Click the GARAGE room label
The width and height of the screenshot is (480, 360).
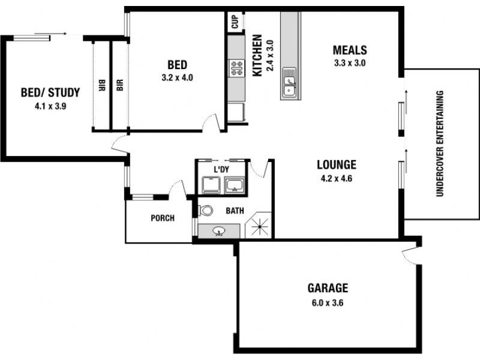[x=328, y=288]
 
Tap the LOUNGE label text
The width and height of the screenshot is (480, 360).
[x=337, y=164]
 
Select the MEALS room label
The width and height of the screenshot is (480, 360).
[x=350, y=50]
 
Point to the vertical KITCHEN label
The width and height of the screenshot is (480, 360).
[x=257, y=55]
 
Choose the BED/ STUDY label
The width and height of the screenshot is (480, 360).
[x=50, y=92]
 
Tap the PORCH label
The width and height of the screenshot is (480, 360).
[x=162, y=218]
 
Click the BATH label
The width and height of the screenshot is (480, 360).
[x=234, y=211]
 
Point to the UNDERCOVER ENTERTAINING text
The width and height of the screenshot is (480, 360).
[x=440, y=143]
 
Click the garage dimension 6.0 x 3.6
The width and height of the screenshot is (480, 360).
[x=328, y=302]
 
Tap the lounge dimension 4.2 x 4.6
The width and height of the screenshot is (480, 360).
[x=337, y=178]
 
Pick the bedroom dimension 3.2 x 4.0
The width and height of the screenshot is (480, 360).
[x=177, y=77]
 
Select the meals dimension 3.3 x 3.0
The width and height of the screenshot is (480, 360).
[x=350, y=62]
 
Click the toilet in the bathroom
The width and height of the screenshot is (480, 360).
[x=206, y=211]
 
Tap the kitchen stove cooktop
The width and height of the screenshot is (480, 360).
[x=236, y=68]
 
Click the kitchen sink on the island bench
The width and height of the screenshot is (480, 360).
[x=290, y=85]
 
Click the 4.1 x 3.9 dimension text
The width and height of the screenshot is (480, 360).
[x=50, y=106]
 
